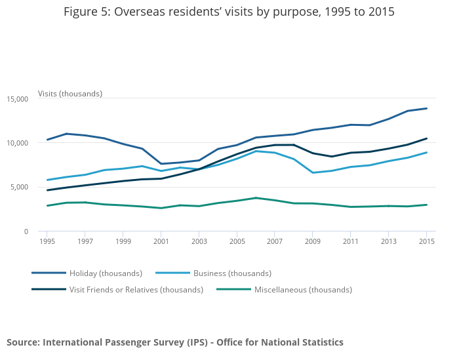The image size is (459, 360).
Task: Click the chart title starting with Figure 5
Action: [x=229, y=12]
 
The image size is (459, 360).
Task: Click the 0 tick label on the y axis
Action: [x=26, y=231]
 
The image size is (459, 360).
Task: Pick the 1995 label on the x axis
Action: [x=47, y=242]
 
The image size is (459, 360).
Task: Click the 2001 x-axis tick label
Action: [x=161, y=242]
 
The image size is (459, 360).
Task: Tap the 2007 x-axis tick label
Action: [x=275, y=242]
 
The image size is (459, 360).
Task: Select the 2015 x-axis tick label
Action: [x=426, y=242]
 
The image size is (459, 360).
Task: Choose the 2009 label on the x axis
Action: [x=313, y=242]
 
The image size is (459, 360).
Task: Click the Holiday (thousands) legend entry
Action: [x=106, y=273]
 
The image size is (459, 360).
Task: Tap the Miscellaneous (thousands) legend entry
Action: [x=303, y=289]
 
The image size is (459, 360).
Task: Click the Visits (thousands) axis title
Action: [x=70, y=94]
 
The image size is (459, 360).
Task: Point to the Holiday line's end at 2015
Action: [x=426, y=108]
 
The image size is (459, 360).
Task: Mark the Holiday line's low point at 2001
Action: [x=161, y=164]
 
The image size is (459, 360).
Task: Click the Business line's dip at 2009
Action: [x=313, y=172]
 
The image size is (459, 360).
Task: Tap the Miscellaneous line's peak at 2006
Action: [x=256, y=198]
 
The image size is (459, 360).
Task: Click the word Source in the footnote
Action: [x=23, y=342]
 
